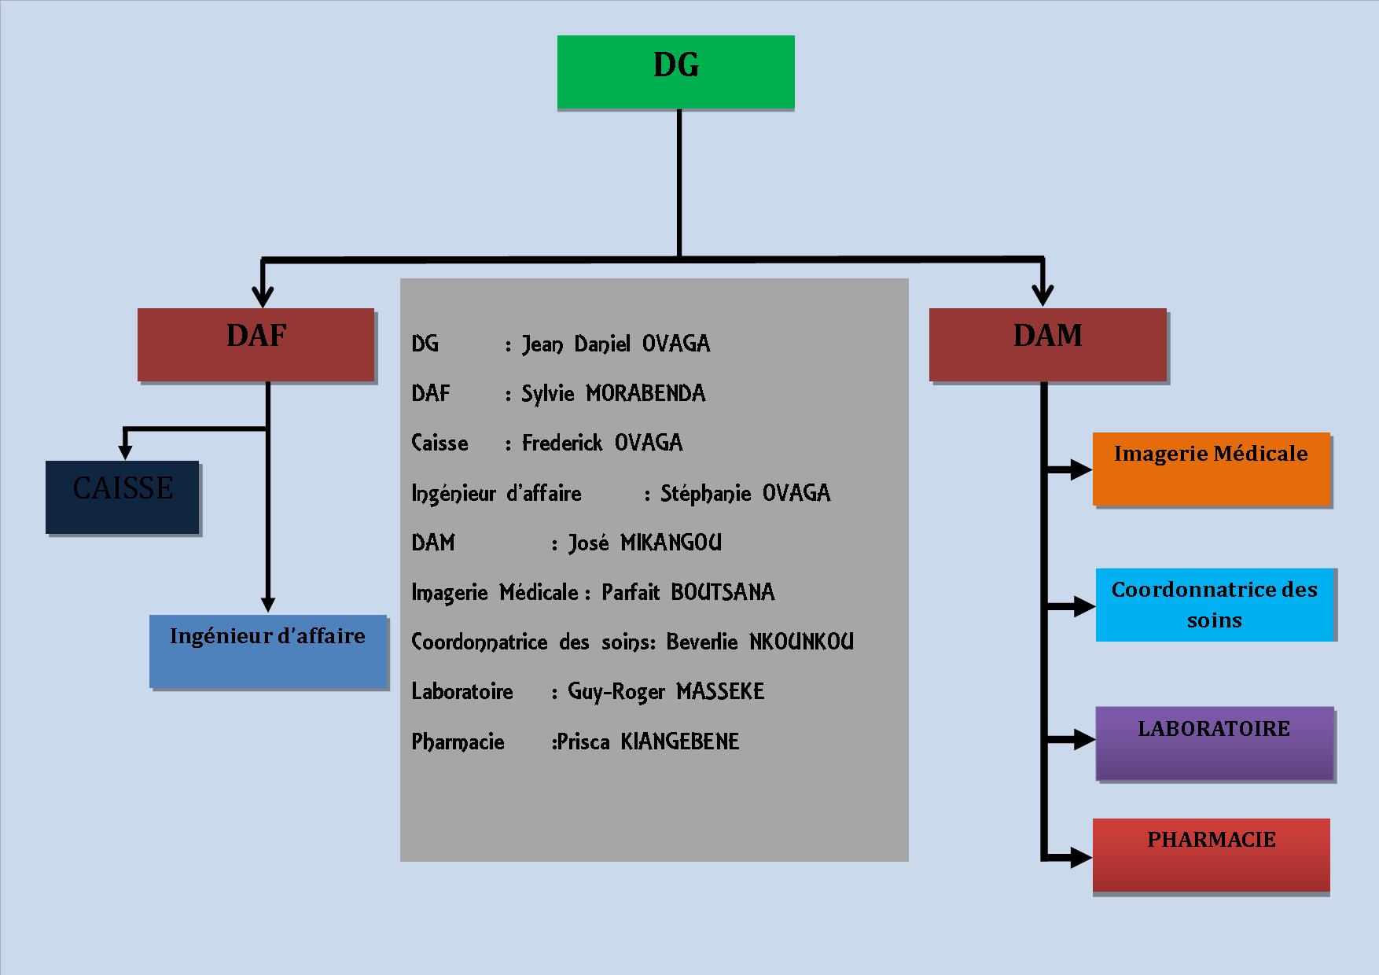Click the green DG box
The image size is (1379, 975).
675,72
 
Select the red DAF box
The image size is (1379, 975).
256,344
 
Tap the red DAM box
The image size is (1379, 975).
1048,344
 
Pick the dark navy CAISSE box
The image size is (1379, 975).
123,497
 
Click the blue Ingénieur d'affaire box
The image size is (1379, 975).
268,651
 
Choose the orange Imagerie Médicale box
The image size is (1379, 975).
1211,469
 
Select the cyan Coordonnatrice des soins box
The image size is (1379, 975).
1215,604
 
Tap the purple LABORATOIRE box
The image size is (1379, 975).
1215,743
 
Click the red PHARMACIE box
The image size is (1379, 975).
1211,855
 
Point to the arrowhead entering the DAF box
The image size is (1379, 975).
263,296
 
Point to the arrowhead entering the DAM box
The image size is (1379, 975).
1043,295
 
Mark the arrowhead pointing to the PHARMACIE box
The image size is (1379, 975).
1081,856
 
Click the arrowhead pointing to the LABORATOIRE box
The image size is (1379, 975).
1083,739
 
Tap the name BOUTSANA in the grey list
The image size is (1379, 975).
723,592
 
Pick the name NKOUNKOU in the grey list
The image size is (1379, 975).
801,642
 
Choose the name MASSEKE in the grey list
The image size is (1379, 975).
720,692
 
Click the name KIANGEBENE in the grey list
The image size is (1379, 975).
680,741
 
